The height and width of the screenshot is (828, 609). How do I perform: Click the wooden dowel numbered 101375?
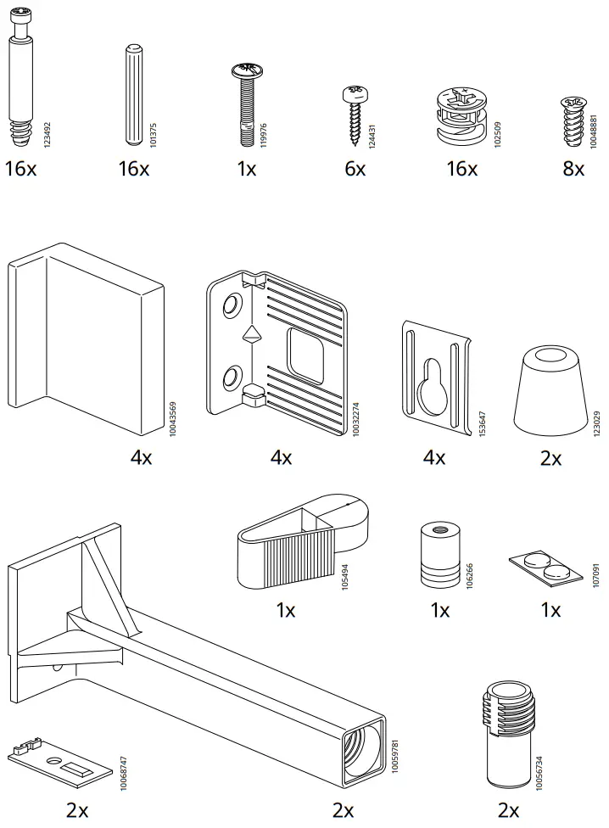133,93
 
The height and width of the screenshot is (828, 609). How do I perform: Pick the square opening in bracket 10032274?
306,354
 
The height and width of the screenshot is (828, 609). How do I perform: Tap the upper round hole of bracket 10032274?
230,305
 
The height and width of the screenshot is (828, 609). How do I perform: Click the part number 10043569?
173,418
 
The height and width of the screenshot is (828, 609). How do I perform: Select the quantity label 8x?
573,169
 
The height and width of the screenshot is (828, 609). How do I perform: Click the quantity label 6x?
355,169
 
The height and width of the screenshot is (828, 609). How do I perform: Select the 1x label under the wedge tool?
286,610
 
